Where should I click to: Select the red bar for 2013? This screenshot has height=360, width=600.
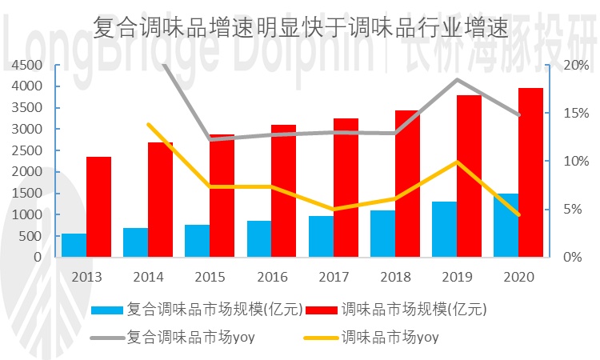(x=98, y=207)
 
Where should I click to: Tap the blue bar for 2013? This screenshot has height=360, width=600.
(x=74, y=246)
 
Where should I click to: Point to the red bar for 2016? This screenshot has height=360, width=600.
(x=283, y=191)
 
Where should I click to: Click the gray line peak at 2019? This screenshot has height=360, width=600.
(x=457, y=79)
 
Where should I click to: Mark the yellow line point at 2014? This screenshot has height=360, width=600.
(x=149, y=124)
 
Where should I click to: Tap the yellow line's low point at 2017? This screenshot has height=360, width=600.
(x=334, y=210)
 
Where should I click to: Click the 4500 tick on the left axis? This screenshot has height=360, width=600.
(x=27, y=65)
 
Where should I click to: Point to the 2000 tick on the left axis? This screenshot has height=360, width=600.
(x=27, y=172)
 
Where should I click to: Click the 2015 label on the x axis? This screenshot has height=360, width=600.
(x=210, y=277)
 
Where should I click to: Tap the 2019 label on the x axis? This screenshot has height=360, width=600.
(x=456, y=277)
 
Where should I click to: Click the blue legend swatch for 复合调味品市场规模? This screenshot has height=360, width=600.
(x=106, y=309)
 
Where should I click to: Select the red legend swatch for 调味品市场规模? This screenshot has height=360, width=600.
(x=320, y=309)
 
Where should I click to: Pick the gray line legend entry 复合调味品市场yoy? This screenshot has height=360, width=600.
(x=106, y=337)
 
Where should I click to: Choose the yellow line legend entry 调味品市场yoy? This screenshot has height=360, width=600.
(x=320, y=337)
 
